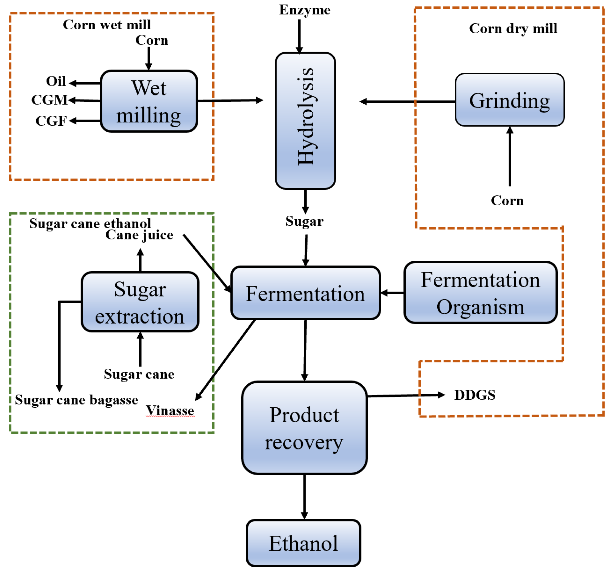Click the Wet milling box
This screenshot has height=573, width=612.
pyautogui.click(x=149, y=101)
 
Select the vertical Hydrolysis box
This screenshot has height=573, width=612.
pyautogui.click(x=305, y=121)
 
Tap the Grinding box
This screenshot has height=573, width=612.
pyautogui.click(x=510, y=100)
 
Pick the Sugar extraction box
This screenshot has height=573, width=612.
pyautogui.click(x=140, y=302)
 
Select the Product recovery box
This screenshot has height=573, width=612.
pyautogui.click(x=304, y=428)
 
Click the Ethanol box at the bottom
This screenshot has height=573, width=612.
pyautogui.click(x=303, y=543)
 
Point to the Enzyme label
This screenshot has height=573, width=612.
pyautogui.click(x=305, y=10)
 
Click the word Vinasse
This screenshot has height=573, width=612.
pyautogui.click(x=170, y=411)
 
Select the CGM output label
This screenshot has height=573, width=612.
pyautogui.click(x=49, y=100)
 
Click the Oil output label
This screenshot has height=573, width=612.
pyautogui.click(x=56, y=81)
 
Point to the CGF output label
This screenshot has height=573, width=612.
pyautogui.click(x=51, y=121)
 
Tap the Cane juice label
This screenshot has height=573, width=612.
pyautogui.click(x=139, y=235)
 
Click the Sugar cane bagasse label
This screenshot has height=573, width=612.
pyautogui.click(x=76, y=400)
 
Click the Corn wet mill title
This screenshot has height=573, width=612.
pyautogui.click(x=107, y=25)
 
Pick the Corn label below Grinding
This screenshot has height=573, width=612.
pyautogui.click(x=507, y=201)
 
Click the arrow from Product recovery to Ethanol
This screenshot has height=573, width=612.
pyautogui.click(x=304, y=497)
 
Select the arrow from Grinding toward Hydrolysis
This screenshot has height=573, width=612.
pyautogui.click(x=406, y=102)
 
